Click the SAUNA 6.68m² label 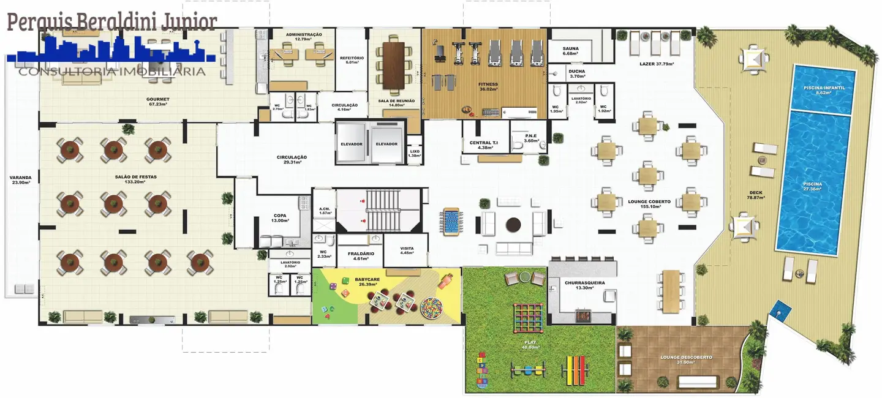pos(570,51)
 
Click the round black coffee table pos(514,225)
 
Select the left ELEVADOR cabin pos(351,143)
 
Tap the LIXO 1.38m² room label pos(415,153)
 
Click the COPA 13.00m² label pos(280,218)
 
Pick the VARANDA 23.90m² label pos(20,181)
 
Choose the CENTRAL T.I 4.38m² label pos(484,145)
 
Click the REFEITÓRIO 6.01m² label pos(352,60)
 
